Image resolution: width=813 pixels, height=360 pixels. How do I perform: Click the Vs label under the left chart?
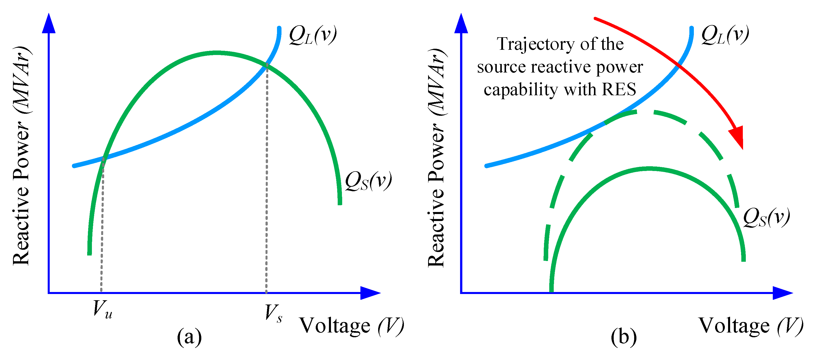tap(273, 313)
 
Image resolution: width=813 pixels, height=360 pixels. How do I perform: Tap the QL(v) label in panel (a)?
tap(313, 35)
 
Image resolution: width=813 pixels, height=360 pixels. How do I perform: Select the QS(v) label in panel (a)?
tap(368, 181)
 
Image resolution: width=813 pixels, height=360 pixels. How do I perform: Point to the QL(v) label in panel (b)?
tap(725, 35)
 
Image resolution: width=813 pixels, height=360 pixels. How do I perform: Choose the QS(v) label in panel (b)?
tap(766, 218)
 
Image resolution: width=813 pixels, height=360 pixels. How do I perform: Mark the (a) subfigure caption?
tap(189, 337)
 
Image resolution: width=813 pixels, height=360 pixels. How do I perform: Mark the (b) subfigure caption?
tap(624, 337)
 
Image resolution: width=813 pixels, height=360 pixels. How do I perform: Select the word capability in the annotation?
tap(521, 90)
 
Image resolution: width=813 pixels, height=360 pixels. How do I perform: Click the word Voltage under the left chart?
tap(334, 326)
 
